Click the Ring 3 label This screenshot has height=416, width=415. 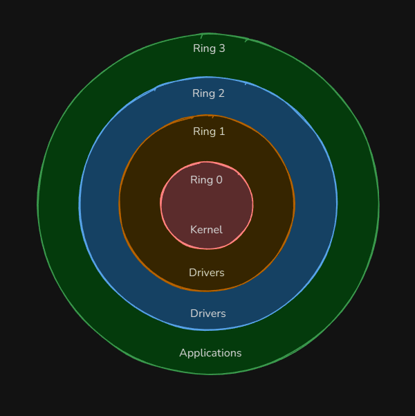click(x=209, y=48)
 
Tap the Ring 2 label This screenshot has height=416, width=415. click(x=208, y=93)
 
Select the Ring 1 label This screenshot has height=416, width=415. click(x=208, y=132)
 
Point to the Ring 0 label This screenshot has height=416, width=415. click(x=206, y=180)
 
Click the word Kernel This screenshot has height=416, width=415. click(x=206, y=230)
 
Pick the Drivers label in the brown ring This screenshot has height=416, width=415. click(x=206, y=273)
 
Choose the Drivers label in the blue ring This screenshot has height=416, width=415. click(x=207, y=314)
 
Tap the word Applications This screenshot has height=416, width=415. click(x=210, y=353)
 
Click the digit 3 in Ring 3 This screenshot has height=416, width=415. click(x=221, y=48)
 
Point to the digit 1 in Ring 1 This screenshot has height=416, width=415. click(x=221, y=132)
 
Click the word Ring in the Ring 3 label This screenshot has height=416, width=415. click(x=204, y=48)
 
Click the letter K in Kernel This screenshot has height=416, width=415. click(x=194, y=230)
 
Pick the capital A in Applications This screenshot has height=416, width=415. click(x=183, y=353)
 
